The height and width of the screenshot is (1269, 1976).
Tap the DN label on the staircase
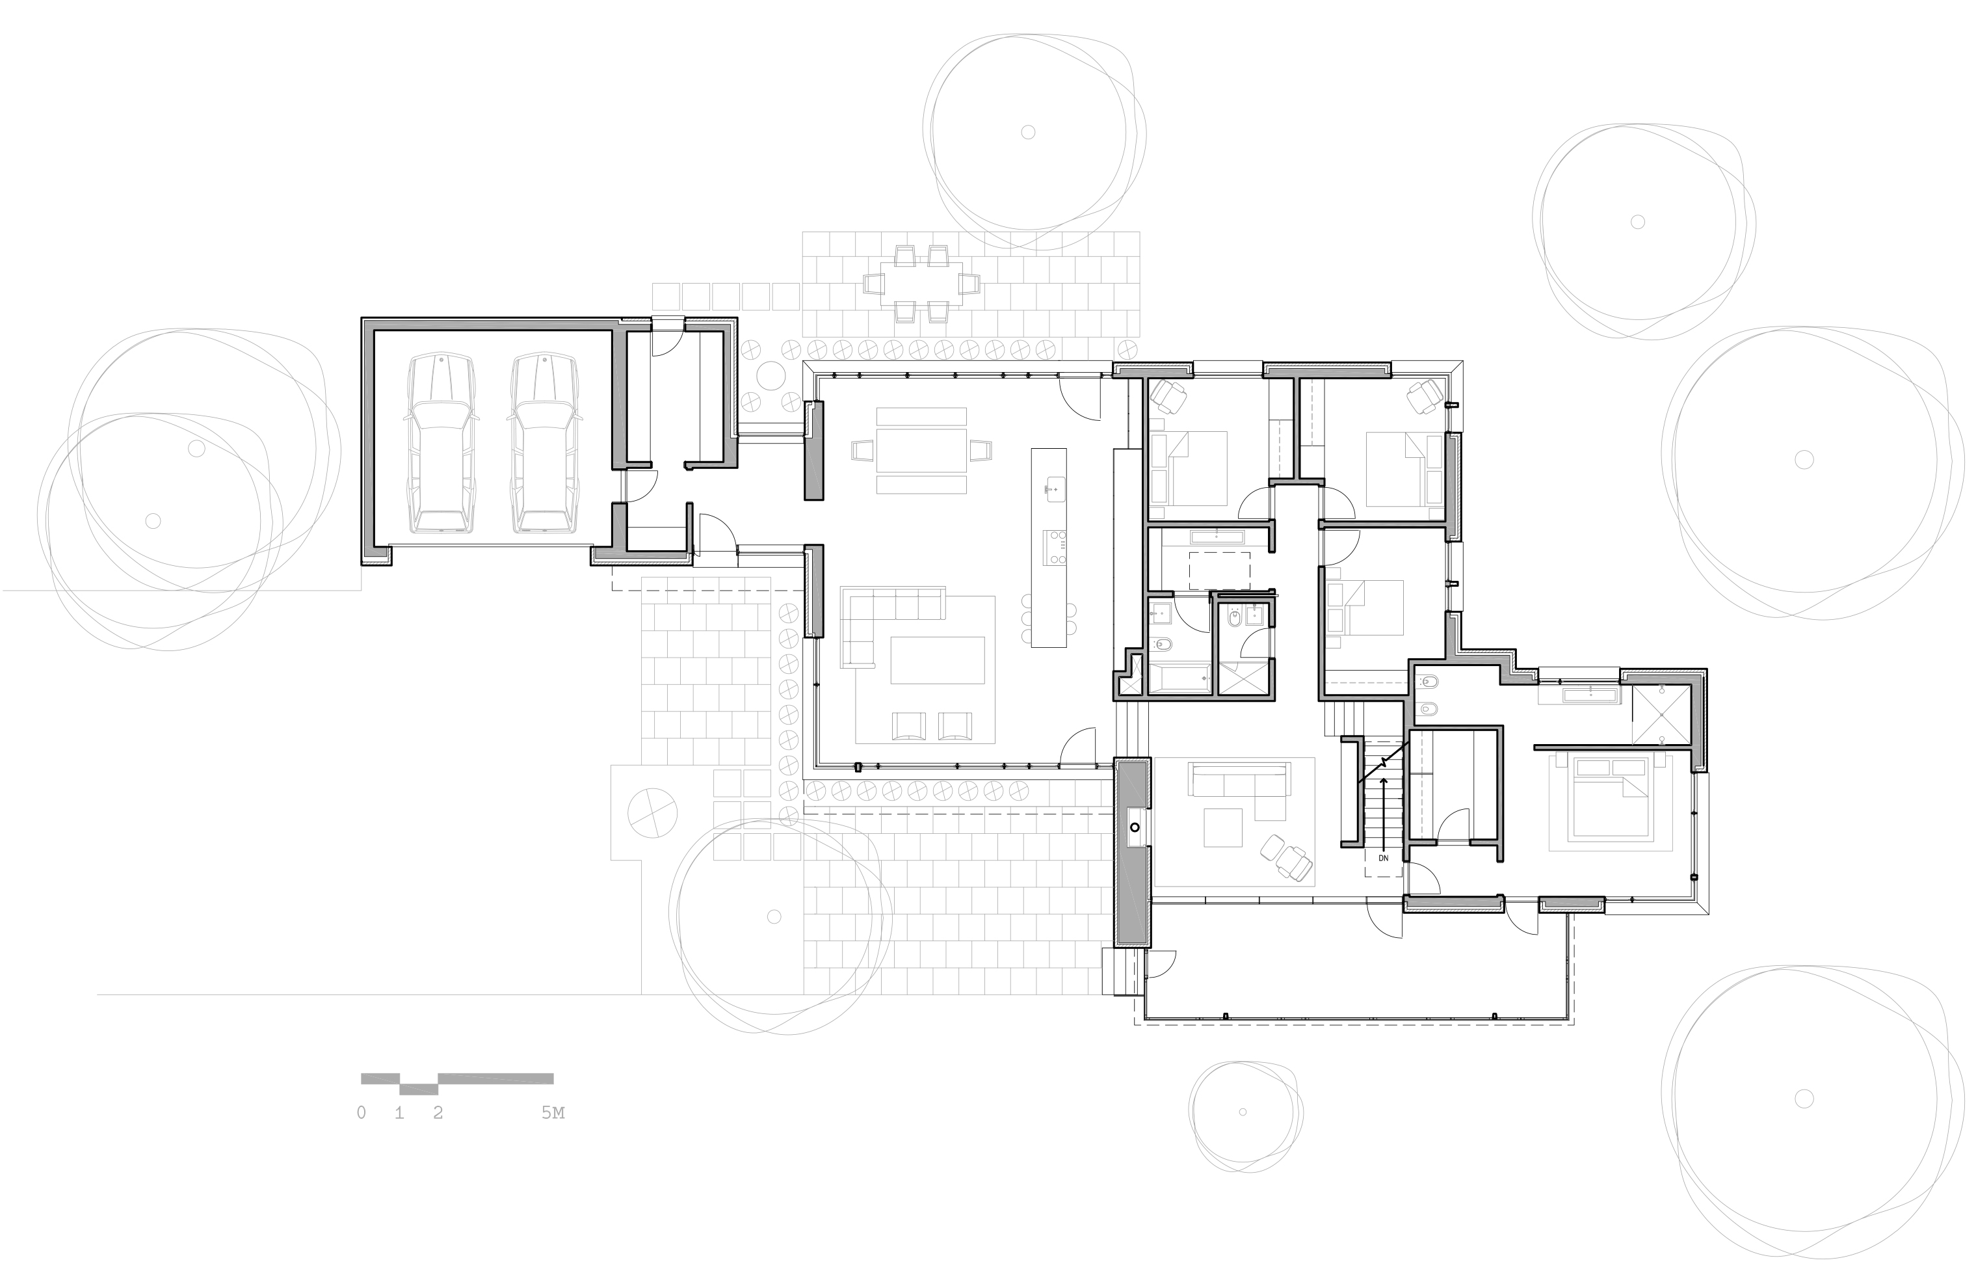click(x=1383, y=858)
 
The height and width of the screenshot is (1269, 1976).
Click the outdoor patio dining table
click(x=921, y=284)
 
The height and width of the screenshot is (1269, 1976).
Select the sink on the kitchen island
click(x=1054, y=488)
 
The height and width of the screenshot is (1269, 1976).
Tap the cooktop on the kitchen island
click(x=1055, y=548)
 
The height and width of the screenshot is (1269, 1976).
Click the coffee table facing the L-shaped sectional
click(x=938, y=660)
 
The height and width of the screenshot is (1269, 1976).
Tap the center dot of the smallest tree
click(x=1242, y=1112)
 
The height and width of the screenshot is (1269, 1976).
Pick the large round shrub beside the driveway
click(x=652, y=812)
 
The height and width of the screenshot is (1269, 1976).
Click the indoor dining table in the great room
click(x=921, y=451)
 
